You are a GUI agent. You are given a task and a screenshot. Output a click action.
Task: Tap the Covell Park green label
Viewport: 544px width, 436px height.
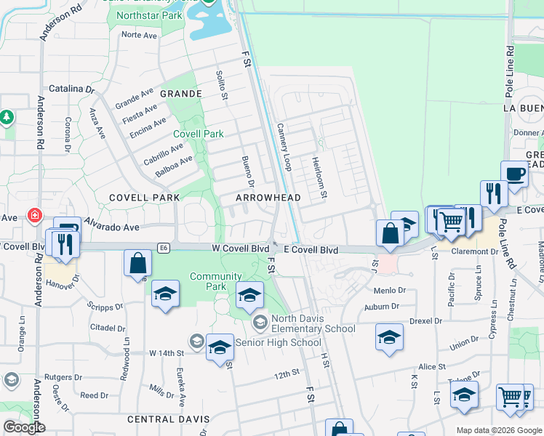(199, 134)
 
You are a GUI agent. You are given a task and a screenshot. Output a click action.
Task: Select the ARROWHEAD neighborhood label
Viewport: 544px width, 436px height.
(268, 198)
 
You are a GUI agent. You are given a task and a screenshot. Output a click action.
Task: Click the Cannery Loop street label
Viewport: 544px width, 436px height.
(284, 147)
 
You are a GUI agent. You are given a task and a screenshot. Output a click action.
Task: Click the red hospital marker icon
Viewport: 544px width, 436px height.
(33, 215)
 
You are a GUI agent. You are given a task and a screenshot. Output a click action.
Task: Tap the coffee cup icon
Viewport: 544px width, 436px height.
(515, 174)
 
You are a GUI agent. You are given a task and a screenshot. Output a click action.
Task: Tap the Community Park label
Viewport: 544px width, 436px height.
(215, 281)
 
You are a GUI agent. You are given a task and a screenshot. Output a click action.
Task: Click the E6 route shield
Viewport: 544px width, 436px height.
(166, 248)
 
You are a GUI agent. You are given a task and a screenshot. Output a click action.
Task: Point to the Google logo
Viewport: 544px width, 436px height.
(24, 427)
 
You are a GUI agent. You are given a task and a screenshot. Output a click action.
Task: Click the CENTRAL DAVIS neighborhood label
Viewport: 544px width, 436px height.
(168, 419)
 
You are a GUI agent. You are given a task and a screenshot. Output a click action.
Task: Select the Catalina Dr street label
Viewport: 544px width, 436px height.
(71, 89)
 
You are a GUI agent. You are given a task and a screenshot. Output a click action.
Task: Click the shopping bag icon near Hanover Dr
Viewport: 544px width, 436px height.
(137, 263)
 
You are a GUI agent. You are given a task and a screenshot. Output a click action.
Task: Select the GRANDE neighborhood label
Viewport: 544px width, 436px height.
(180, 94)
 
